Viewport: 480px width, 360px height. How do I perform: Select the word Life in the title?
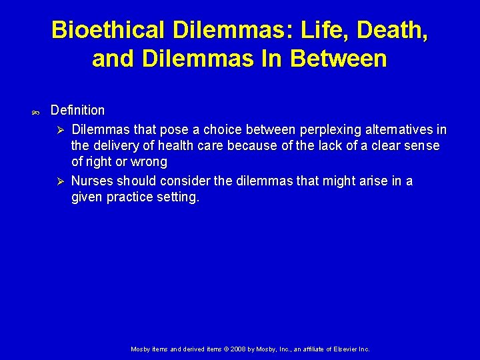[x=316, y=30]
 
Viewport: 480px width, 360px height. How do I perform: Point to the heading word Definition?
[x=77, y=110]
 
